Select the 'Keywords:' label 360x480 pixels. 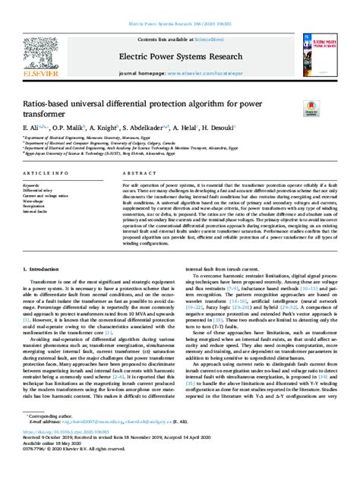pos(38,185)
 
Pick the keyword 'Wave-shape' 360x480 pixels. pos(39,203)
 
